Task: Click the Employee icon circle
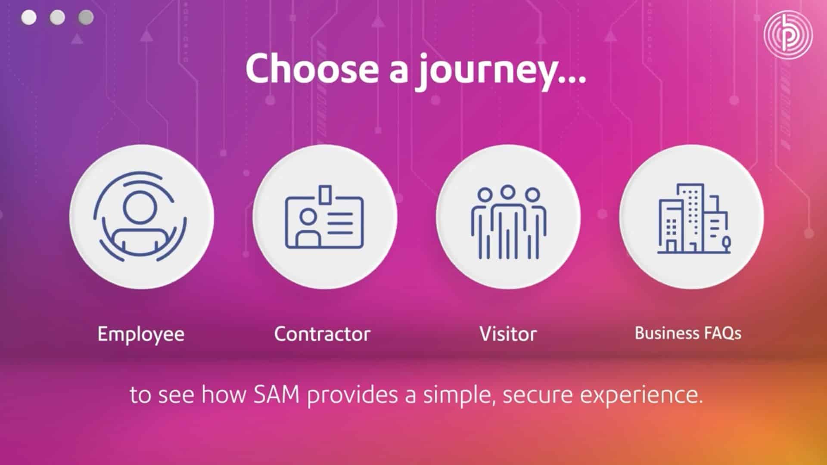click(142, 217)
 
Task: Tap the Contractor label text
click(322, 334)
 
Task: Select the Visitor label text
click(508, 334)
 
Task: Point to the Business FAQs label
click(688, 333)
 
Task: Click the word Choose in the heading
click(313, 68)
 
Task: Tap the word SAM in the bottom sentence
click(276, 395)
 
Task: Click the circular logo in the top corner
click(788, 35)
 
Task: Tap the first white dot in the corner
click(29, 18)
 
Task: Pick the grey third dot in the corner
click(86, 18)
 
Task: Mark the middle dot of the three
click(57, 18)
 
